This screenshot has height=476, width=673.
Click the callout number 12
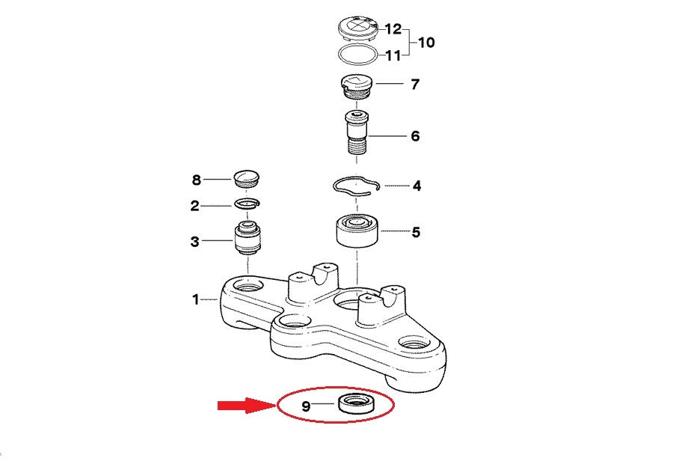coord(393,29)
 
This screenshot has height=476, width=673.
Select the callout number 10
coord(426,42)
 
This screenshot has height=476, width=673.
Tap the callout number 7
coord(414,85)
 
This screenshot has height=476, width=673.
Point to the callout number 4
coord(417,186)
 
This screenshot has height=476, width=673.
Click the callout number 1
coord(196,299)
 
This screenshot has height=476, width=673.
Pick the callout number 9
coord(306,406)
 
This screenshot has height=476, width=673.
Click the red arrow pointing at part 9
coord(246,405)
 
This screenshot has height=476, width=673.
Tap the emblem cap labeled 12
coord(357,28)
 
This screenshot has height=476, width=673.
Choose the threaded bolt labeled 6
coord(357,133)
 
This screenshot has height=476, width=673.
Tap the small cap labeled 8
coord(246,178)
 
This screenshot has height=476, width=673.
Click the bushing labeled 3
coord(248,239)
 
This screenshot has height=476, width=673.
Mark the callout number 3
coord(195,242)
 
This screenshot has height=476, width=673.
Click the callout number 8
coord(197,180)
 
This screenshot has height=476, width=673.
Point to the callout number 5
coord(416,233)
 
